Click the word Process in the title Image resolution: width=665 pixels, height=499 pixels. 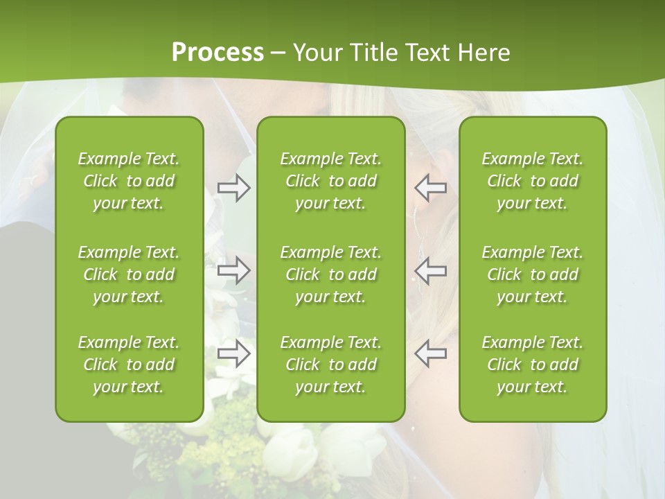pos(218,53)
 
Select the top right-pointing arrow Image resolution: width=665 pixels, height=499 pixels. pos(234,188)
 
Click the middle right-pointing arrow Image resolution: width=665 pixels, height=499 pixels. pos(234,270)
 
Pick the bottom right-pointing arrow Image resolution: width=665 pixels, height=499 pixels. pos(234,354)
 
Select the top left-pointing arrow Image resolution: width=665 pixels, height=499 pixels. pos(431,188)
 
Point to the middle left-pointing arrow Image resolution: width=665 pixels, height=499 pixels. pos(431,270)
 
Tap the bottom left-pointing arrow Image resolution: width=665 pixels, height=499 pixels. pos(431,354)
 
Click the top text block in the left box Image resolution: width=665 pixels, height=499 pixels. pos(129,181)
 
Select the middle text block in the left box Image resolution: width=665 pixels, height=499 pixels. pos(129,274)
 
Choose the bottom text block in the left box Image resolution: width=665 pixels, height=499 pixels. pos(129,365)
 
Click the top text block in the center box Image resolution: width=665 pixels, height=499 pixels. pos(330,181)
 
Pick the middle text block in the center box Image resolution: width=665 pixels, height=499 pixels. pos(330,274)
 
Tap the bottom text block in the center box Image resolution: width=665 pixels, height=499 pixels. pos(330,365)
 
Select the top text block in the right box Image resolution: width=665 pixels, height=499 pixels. pos(533,181)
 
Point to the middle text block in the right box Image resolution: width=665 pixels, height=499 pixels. pos(533,274)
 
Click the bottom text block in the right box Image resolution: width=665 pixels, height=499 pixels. pos(533,365)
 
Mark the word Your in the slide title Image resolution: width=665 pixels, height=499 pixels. pos(317,53)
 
